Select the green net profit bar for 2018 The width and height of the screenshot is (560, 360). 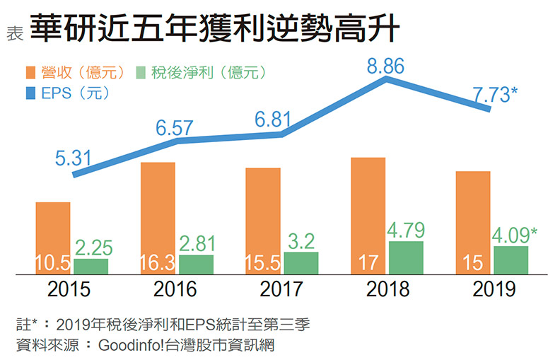pyautogui.click(x=406, y=257)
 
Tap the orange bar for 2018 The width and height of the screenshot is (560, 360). pyautogui.click(x=368, y=212)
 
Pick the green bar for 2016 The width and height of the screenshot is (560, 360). pyautogui.click(x=196, y=264)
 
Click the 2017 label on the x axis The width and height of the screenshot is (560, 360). pyautogui.click(x=281, y=289)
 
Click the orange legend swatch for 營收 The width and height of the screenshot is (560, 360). pyautogui.click(x=30, y=72)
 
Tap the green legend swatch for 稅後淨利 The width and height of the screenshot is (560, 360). pyautogui.click(x=140, y=72)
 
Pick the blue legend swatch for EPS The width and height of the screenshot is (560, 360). pyautogui.click(x=30, y=91)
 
